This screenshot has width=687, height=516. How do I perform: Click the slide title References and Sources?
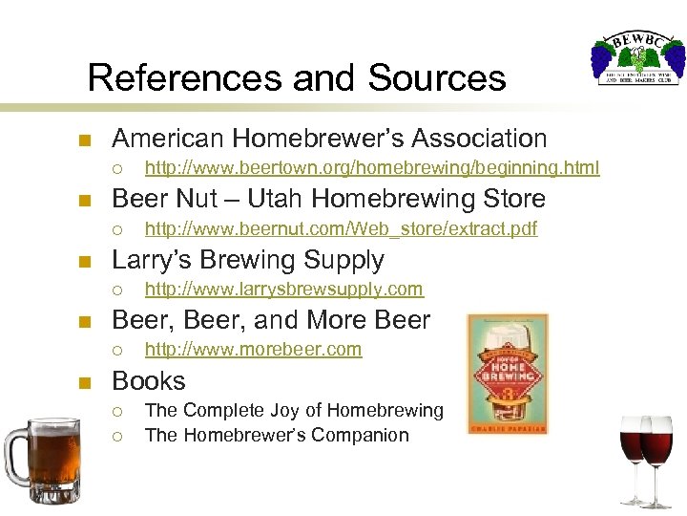click(x=296, y=76)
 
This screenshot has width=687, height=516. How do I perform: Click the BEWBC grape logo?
click(x=636, y=59)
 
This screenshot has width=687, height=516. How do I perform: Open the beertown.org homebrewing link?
click(x=371, y=168)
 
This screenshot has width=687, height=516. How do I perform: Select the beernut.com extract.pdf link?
click(x=341, y=228)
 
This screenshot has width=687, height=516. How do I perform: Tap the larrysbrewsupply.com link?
click(x=283, y=289)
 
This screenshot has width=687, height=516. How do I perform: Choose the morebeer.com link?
click(x=253, y=349)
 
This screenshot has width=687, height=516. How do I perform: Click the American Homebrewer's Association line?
click(x=329, y=139)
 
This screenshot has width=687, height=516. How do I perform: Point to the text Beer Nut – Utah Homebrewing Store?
click(x=328, y=199)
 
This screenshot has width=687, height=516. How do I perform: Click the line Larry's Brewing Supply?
click(x=248, y=259)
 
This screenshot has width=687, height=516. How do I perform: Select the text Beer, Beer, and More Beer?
click(x=271, y=319)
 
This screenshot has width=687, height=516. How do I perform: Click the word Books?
click(x=148, y=380)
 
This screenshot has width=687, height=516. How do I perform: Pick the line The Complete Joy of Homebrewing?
click(x=294, y=410)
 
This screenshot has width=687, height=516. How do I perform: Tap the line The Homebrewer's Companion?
click(x=277, y=435)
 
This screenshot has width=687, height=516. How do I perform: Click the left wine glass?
click(x=633, y=454)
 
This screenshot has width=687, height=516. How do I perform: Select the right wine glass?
click(x=659, y=457)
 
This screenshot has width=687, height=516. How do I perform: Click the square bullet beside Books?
click(x=84, y=382)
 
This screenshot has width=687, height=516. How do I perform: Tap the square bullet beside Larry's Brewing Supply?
click(x=84, y=261)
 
